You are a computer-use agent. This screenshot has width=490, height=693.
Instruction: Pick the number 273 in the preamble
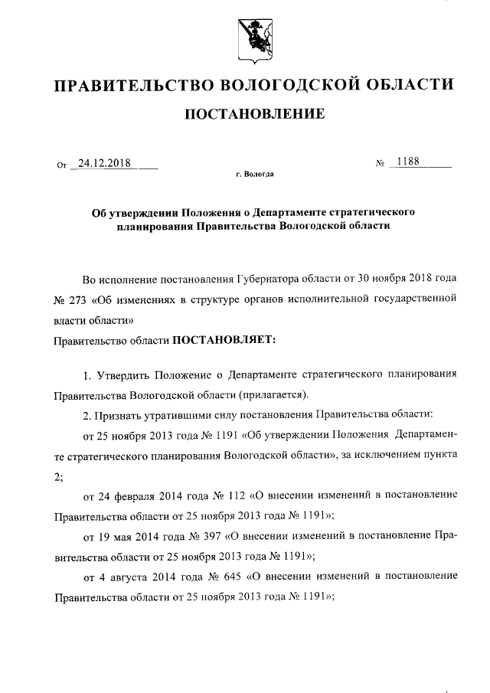80,298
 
